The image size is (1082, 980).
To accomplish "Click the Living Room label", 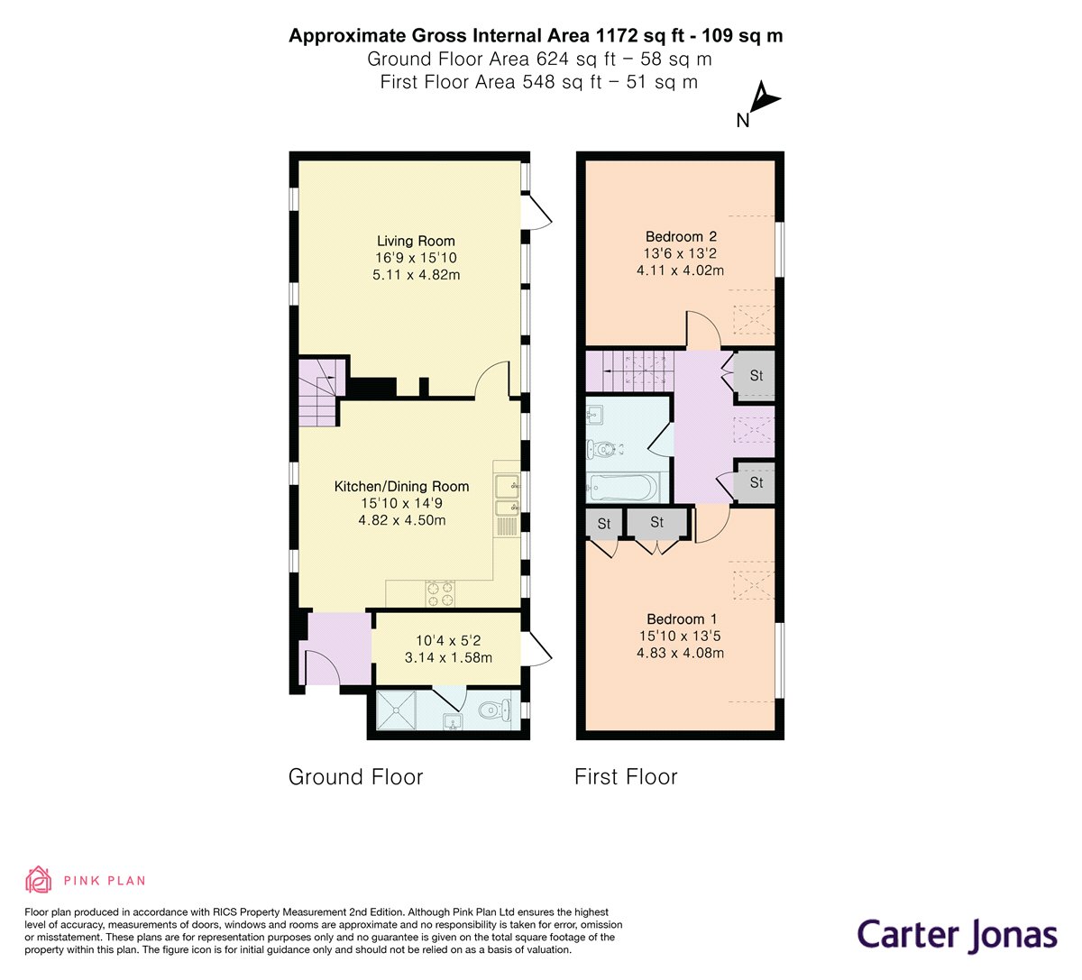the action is click(x=416, y=241).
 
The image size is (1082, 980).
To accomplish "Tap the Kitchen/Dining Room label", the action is click(x=401, y=486).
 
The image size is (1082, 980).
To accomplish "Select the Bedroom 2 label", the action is click(x=681, y=236).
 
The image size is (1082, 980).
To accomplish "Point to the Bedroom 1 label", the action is click(x=682, y=618).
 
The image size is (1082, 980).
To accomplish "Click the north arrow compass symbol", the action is click(x=760, y=103).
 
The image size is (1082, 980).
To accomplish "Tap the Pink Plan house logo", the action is click(x=38, y=880).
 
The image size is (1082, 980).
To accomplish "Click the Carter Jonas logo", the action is click(x=957, y=934).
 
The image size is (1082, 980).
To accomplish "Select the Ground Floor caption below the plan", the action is click(x=355, y=776).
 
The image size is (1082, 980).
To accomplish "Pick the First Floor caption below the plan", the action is click(x=626, y=776).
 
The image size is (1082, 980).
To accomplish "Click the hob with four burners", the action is click(x=441, y=593).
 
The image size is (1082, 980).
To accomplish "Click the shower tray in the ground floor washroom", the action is click(x=397, y=710).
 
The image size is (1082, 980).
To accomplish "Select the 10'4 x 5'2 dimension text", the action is click(x=448, y=640).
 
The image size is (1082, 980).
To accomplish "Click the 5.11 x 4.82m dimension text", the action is click(x=416, y=275).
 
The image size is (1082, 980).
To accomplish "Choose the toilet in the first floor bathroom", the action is click(x=604, y=449).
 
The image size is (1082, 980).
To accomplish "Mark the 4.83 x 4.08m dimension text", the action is click(x=681, y=653).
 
